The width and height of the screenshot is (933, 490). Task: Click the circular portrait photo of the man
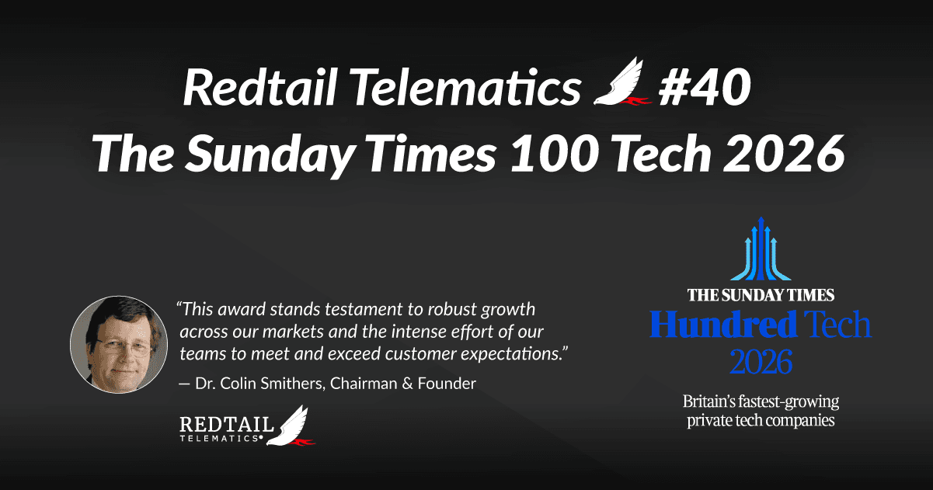[118, 342]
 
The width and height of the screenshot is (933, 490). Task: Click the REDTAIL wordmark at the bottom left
[226, 426]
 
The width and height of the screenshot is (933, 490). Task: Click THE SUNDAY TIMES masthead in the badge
[760, 295]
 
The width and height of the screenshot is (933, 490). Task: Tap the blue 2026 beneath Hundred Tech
[761, 361]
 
